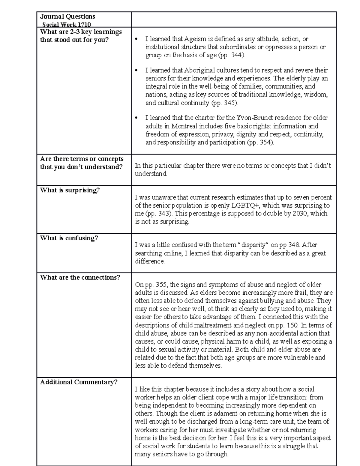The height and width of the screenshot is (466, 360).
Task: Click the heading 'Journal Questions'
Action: point(67,17)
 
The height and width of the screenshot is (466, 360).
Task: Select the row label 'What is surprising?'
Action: point(70,190)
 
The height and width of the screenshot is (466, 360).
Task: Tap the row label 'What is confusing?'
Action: point(69,238)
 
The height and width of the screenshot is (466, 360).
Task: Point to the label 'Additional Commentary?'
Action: point(79,382)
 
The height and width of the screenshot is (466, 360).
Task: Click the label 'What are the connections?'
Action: point(80,277)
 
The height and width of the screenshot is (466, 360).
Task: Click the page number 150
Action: point(292,325)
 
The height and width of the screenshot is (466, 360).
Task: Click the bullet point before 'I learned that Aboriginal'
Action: point(136,71)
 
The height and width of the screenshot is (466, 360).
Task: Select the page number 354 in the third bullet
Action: point(265,143)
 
